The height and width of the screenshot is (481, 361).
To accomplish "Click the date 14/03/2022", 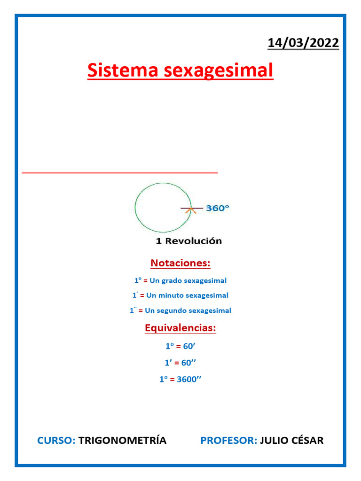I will click(x=303, y=43).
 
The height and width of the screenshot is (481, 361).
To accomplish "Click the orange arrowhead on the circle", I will click(x=190, y=211).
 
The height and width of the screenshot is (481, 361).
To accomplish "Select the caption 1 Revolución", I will click(x=188, y=241).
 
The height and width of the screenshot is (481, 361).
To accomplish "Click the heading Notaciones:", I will click(x=180, y=263).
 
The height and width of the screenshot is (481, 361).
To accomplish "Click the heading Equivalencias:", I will click(x=180, y=328).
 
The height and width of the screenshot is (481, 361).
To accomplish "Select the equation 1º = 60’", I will click(x=180, y=346).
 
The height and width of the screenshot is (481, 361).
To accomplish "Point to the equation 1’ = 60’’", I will click(x=180, y=363).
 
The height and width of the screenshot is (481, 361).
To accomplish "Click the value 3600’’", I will click(x=189, y=379).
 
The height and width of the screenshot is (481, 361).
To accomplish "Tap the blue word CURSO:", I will click(x=56, y=441).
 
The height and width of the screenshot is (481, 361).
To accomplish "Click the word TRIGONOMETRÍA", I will click(x=122, y=441).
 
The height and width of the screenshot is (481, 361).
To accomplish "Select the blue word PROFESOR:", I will click(x=228, y=441).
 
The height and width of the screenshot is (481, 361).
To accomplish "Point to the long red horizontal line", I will click(x=120, y=173).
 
